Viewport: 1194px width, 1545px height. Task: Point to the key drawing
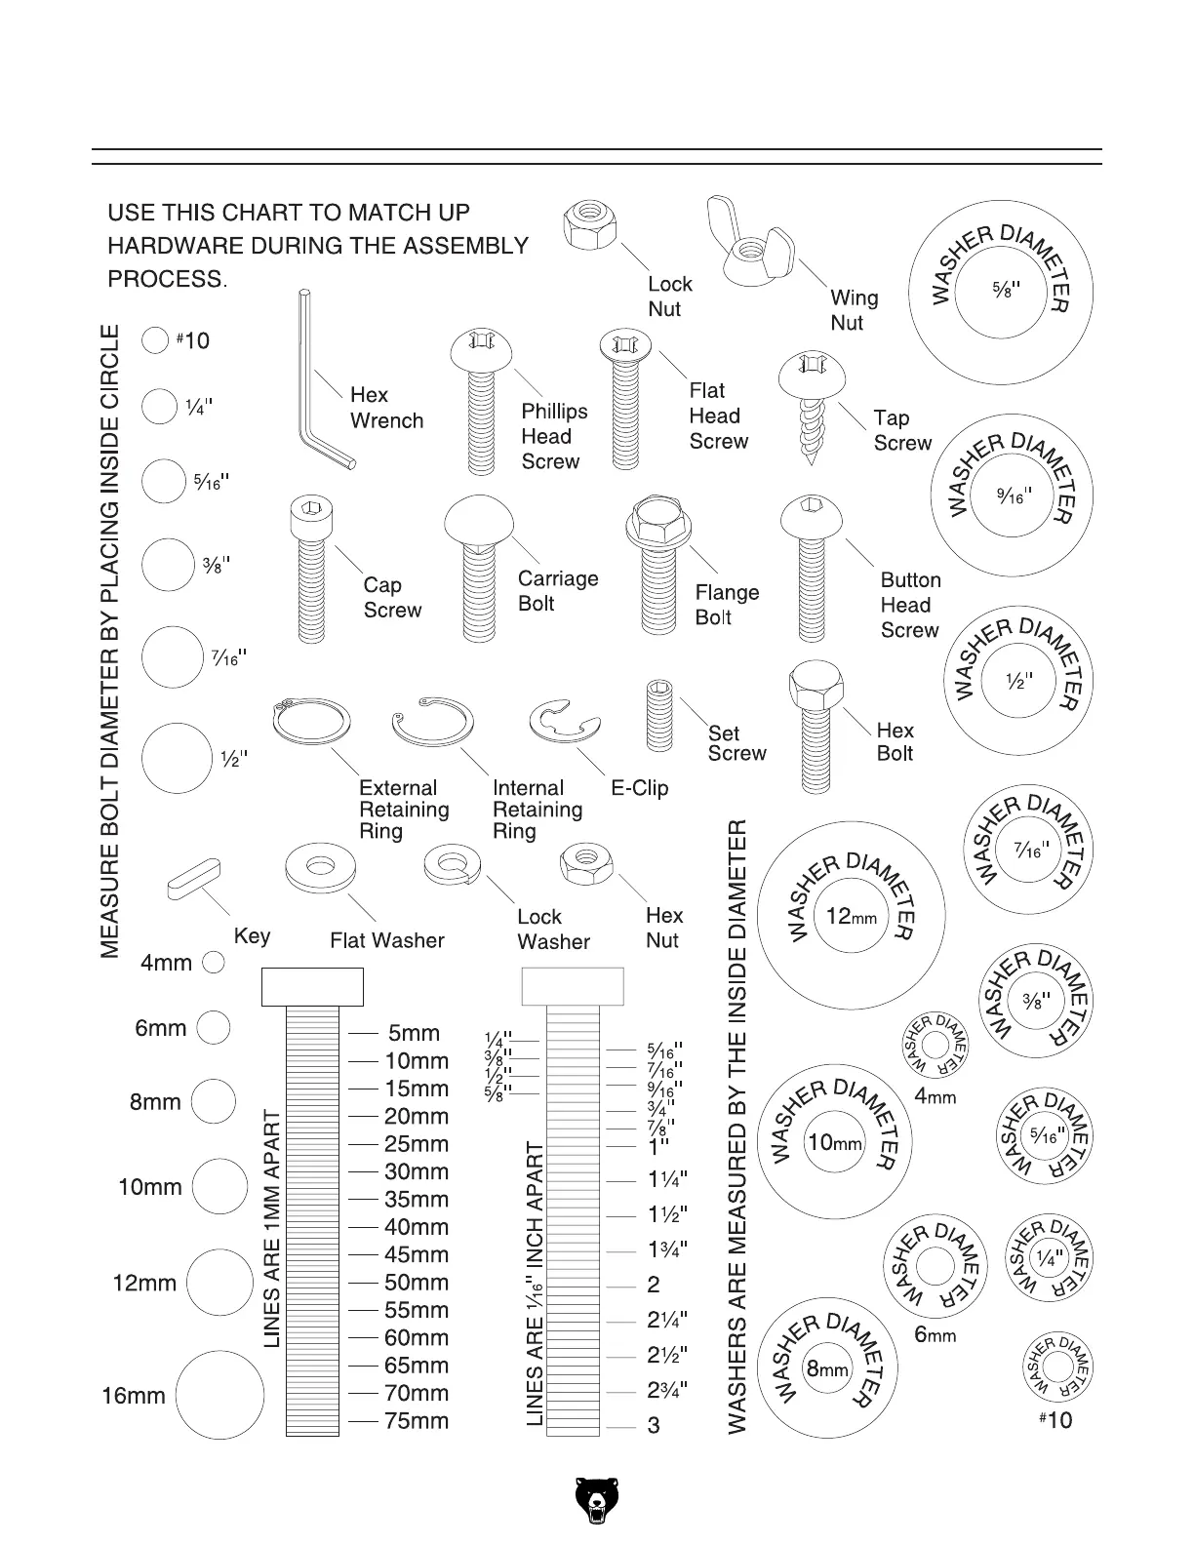coord(195,877)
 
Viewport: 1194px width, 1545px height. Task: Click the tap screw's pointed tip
coord(810,458)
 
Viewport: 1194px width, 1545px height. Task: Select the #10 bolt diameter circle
coord(156,340)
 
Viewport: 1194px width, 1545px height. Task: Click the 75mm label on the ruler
coord(417,1421)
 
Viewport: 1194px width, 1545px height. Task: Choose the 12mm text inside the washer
coord(851,917)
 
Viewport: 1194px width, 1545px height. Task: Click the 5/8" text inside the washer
coord(1000,291)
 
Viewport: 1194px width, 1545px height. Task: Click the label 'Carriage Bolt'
coord(557,591)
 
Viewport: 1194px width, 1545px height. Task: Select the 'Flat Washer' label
coord(386,940)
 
